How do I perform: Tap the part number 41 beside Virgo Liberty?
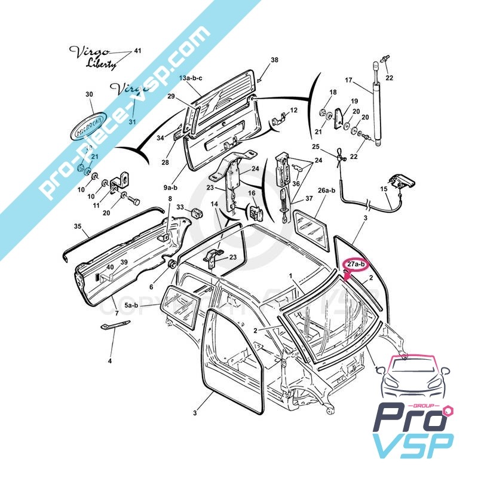137,51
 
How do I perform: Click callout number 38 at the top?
275,60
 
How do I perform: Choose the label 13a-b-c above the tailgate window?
191,78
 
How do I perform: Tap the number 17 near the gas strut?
350,79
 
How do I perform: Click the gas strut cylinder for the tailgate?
376,111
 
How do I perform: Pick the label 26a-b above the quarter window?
328,191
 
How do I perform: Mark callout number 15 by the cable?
384,188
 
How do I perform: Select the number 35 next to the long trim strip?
78,226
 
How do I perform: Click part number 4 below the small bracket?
110,360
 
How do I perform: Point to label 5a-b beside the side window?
131,305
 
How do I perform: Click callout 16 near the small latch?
252,193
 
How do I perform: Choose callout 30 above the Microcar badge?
90,94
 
